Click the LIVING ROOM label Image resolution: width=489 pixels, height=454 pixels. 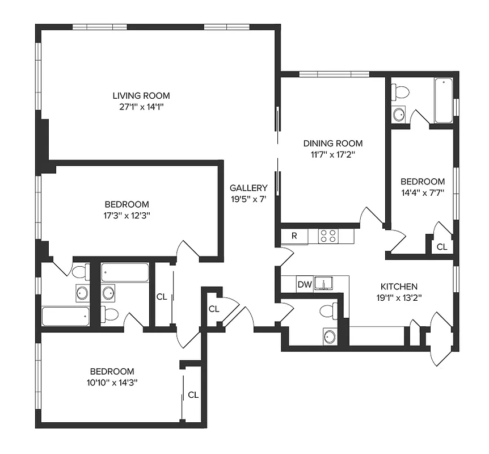pos(141,95)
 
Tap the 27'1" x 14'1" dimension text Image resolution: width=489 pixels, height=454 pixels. pos(141,106)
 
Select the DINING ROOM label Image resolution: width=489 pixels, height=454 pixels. pos(332,143)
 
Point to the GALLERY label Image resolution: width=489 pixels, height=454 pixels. pos(248,188)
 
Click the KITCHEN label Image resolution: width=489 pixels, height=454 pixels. pos(399,287)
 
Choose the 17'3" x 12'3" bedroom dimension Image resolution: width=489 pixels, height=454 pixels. pos(127,215)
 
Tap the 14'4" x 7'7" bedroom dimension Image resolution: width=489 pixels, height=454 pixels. pos(423,192)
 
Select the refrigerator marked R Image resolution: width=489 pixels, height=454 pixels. pos(294,236)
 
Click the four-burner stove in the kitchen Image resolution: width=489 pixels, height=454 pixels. pos(327,236)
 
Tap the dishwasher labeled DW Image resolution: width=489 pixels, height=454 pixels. pos(305,284)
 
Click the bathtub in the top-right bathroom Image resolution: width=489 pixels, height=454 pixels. pos(444,100)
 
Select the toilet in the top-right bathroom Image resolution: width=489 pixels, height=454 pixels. pos(402,91)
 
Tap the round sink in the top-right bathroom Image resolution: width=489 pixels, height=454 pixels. pos(399,113)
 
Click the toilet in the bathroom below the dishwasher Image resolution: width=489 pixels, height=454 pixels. pos(327,310)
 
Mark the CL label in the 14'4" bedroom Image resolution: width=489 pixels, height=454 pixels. pos(441,247)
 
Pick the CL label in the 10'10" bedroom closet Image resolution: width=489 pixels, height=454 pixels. pos(193,394)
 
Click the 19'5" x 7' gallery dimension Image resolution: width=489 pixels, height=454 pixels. pos(248,199)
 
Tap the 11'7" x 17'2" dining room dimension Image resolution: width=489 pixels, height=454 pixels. pos(332,154)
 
